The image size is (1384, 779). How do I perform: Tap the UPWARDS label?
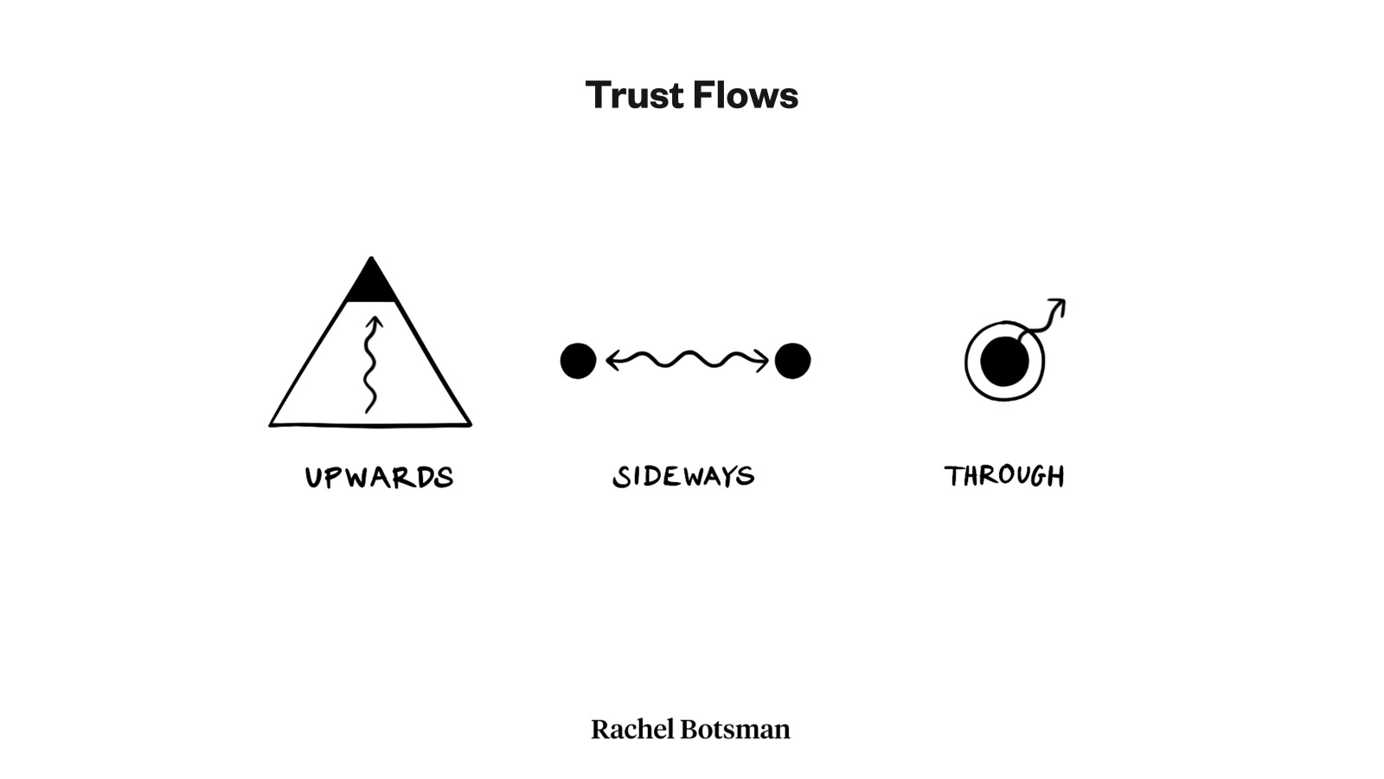[x=379, y=477]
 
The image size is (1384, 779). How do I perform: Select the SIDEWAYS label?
[x=683, y=476]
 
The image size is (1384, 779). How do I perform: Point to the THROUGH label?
[x=1004, y=475]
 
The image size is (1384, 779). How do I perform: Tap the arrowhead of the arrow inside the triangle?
[x=374, y=323]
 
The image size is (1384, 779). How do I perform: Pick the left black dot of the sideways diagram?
[x=578, y=361]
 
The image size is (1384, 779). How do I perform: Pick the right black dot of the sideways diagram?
[x=792, y=361]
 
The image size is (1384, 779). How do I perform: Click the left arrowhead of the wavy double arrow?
[x=612, y=360]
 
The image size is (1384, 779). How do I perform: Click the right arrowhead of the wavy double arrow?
[x=762, y=360]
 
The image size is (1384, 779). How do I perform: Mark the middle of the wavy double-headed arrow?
[x=687, y=359]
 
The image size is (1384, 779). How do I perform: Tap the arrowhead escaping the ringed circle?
[x=1058, y=305]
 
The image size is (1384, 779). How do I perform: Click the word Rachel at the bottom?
[x=632, y=730]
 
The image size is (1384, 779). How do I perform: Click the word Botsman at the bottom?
[x=735, y=730]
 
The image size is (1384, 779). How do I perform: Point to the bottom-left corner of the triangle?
[x=272, y=424]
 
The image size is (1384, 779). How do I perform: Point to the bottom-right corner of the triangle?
[x=470, y=424]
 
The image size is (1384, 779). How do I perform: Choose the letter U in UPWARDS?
[x=314, y=478]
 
